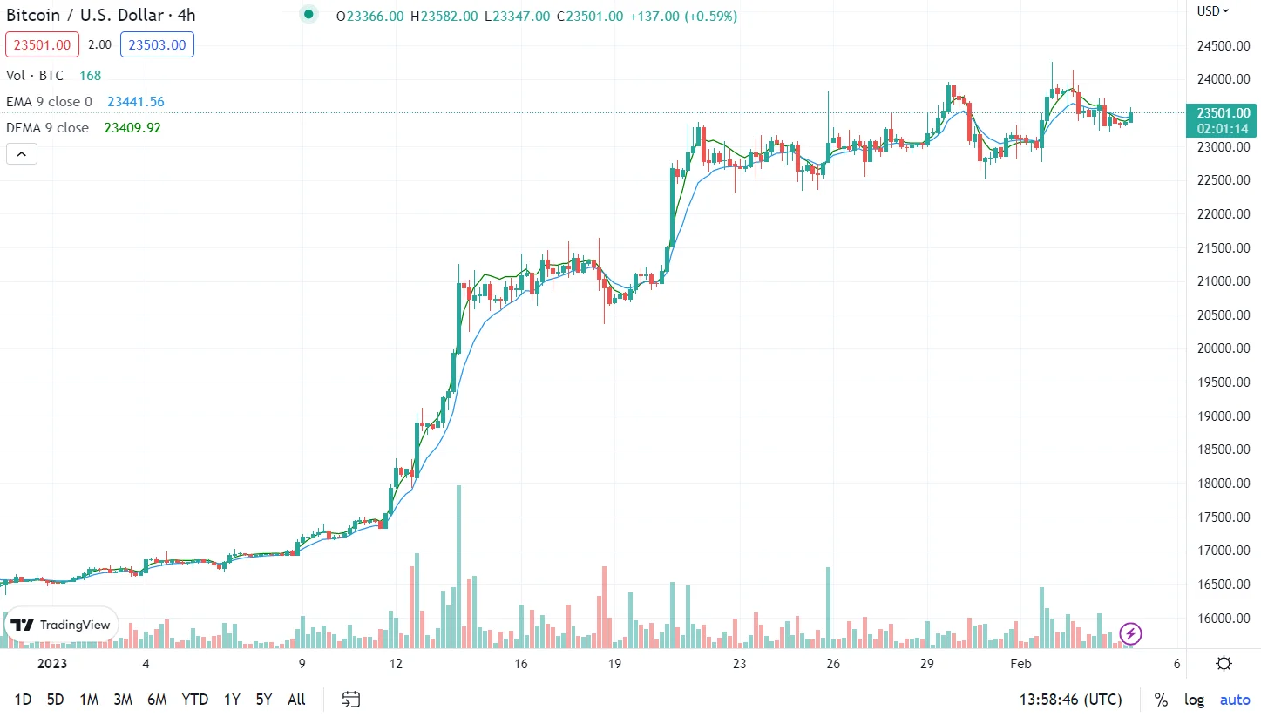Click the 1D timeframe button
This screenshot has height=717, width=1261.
coord(24,700)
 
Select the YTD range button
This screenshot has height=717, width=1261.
coord(194,700)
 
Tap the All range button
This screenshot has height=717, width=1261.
coord(296,700)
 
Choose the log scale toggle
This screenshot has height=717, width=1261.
coord(1194,700)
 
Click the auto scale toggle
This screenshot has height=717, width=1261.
coord(1234,700)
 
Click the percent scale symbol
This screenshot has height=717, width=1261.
coord(1161,700)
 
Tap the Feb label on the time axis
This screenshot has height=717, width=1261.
coord(1020,664)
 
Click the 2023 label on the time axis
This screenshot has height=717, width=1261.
coord(52,664)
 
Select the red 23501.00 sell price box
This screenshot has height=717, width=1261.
coord(42,44)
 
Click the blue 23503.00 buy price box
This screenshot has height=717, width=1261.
coord(157,44)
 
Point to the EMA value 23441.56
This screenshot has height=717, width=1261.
coord(136,102)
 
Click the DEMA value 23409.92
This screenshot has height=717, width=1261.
coord(132,128)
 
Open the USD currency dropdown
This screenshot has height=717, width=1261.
coord(1212,11)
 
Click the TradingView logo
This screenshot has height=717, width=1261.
coord(62,625)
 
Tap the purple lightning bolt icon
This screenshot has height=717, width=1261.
coord(1130,633)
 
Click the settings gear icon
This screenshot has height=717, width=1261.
coord(1224,664)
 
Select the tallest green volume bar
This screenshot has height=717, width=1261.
coord(458,566)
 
